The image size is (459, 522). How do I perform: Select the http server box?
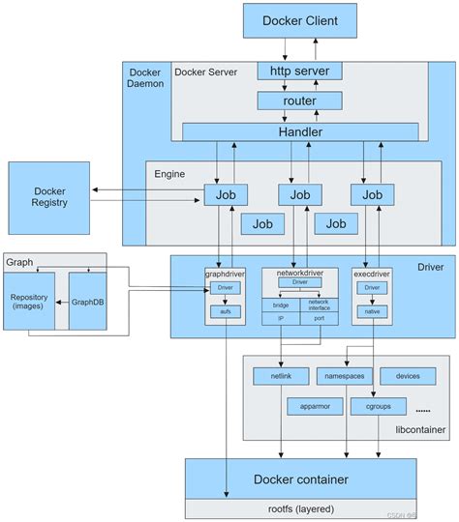[299, 71]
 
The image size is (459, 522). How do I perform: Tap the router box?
[299, 100]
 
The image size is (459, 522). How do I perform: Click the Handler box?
[299, 131]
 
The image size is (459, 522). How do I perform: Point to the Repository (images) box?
[29, 301]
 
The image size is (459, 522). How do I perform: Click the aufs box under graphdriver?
[226, 311]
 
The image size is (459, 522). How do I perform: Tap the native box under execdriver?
[370, 311]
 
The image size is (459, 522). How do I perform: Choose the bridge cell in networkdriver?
[281, 304]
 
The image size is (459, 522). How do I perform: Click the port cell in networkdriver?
[319, 316]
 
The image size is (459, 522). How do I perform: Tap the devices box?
[407, 375]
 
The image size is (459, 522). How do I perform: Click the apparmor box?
[315, 406]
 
